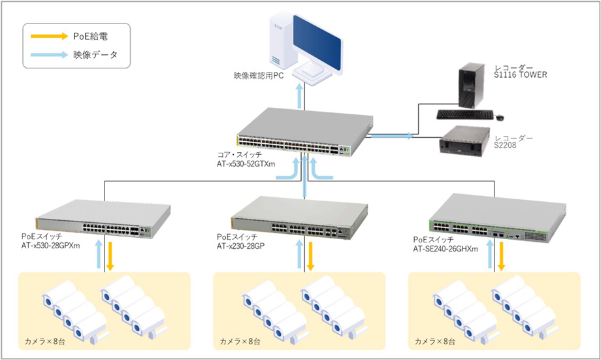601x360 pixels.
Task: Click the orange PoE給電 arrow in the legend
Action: click(x=48, y=37)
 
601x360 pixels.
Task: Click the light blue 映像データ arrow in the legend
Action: click(x=48, y=55)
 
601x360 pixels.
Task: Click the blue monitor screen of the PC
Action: click(x=317, y=39)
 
